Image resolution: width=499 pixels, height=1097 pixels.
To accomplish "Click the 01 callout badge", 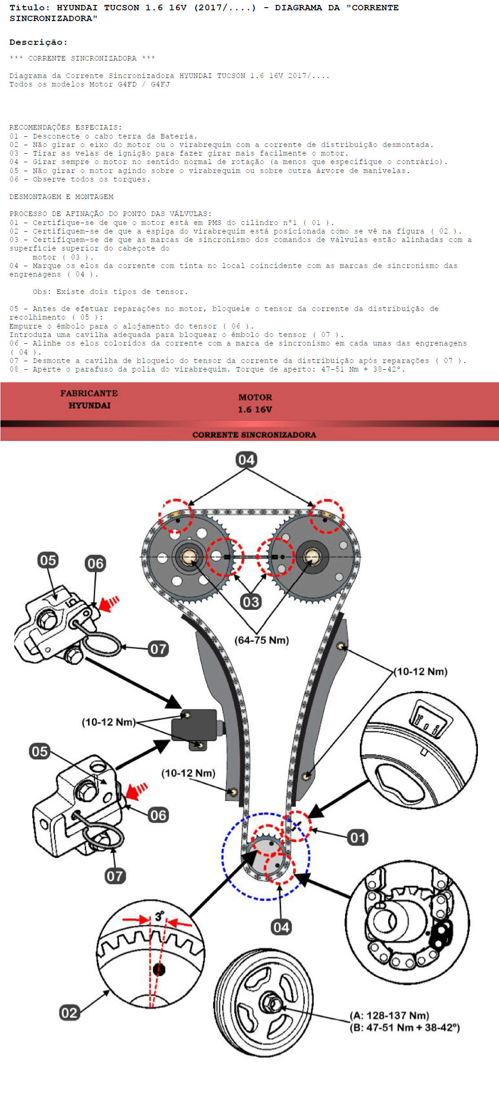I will coord(358,837).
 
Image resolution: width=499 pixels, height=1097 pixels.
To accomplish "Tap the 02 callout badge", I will coord(69,1013).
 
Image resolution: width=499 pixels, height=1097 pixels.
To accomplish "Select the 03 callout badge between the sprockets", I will coord(250,601).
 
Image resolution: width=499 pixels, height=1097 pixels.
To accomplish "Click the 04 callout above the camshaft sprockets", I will coord(246,459).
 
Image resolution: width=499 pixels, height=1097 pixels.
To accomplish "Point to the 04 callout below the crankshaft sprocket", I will coord(281,927).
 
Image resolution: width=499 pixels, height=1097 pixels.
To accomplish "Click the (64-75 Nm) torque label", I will coord(262,640).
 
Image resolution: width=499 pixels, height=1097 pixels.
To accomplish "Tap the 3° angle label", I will coord(159,916).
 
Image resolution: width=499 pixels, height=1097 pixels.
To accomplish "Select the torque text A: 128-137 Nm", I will coord(390,1015).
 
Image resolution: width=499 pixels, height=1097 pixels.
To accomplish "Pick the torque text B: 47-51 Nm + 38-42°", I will coord(405,1027).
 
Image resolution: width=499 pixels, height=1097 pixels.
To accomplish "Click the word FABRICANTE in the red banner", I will coord(89,393).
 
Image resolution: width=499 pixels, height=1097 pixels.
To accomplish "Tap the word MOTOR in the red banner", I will coord(255,397).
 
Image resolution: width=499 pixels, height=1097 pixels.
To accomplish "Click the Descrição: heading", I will coord(39,42).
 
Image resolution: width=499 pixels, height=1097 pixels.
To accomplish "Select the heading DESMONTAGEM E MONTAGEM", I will coord(61,197).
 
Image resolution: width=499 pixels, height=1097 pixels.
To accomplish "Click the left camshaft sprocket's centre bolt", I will coord(189,557).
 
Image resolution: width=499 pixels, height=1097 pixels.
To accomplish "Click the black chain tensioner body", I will coord(195,725).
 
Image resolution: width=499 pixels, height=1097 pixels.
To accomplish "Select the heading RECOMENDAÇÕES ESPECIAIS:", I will coord(66,127).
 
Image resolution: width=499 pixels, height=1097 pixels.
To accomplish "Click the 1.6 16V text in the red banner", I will coord(255,409).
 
